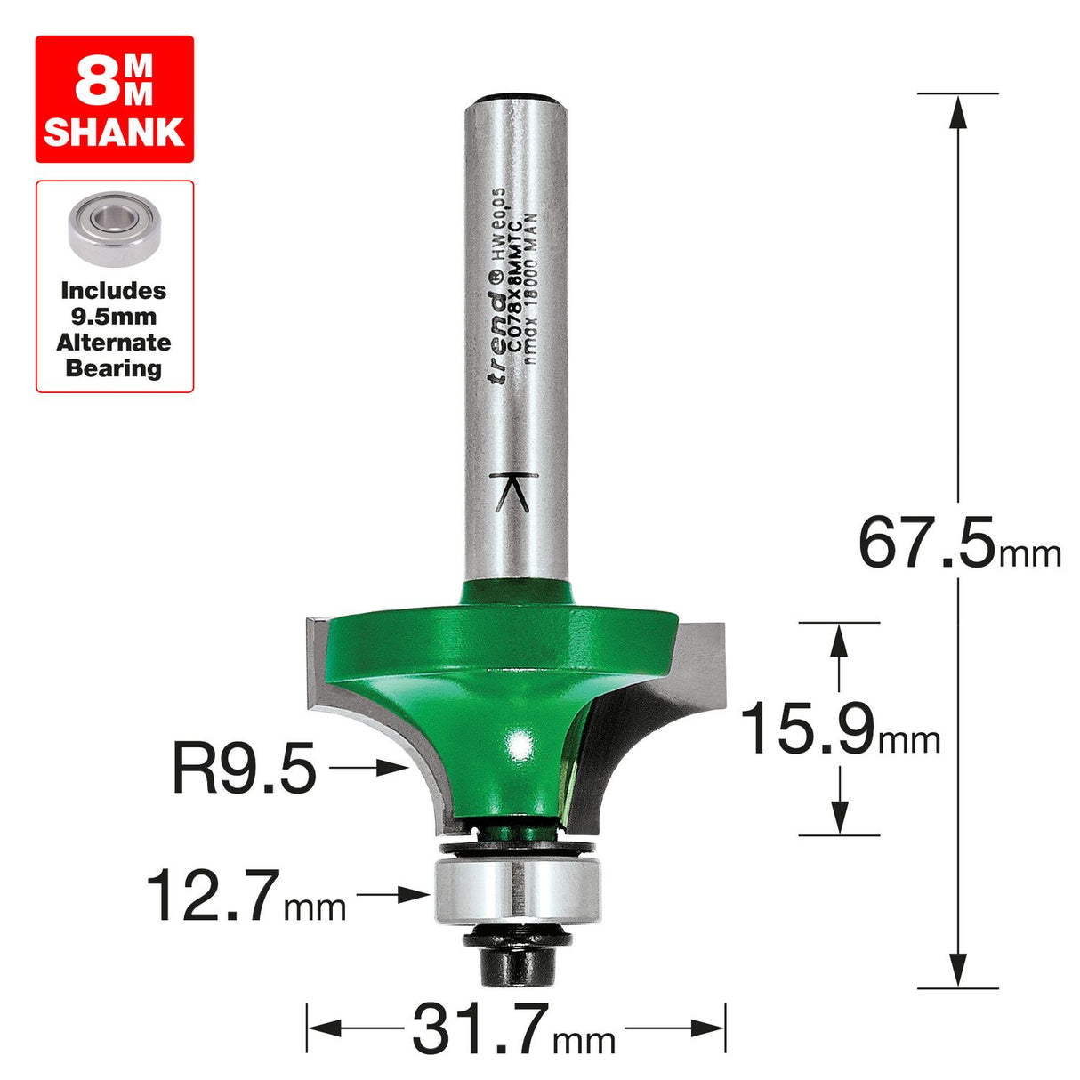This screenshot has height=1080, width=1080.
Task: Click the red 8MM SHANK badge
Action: point(115,99)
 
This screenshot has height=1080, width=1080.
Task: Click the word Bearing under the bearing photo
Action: point(114,368)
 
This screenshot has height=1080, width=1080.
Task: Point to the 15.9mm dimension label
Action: point(839,729)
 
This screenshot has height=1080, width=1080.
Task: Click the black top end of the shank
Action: point(517,99)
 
